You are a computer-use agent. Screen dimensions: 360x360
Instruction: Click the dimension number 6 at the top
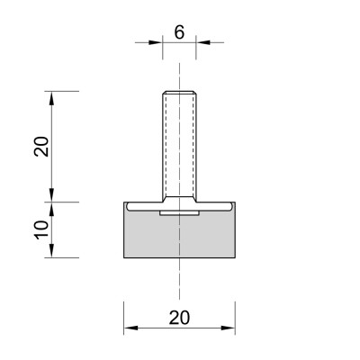(x=179, y=32)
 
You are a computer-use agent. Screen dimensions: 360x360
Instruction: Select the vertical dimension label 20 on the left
(x=41, y=147)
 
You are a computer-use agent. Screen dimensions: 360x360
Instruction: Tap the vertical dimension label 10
(x=41, y=229)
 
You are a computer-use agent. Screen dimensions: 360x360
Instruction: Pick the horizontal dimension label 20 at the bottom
(x=179, y=318)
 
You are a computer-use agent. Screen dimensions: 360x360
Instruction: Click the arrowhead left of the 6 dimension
(x=156, y=42)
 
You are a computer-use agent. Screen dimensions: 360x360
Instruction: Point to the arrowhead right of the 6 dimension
(x=202, y=42)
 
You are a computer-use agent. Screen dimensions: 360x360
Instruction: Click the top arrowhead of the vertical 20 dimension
(x=51, y=98)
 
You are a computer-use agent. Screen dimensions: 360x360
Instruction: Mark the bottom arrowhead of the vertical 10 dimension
(x=51, y=250)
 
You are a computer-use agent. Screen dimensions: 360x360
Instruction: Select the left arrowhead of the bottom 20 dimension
(x=130, y=328)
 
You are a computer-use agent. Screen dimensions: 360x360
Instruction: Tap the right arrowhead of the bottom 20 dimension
(x=229, y=328)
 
